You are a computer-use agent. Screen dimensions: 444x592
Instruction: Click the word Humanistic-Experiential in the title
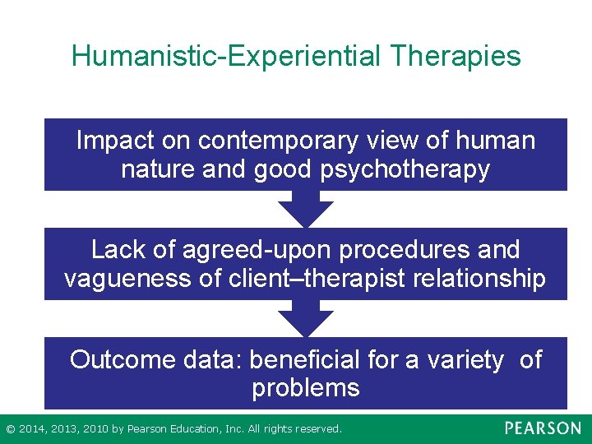(227, 56)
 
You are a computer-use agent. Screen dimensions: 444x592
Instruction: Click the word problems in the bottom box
(306, 388)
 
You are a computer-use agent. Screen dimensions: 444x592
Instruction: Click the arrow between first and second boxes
(306, 210)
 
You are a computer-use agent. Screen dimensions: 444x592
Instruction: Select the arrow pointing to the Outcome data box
(306, 319)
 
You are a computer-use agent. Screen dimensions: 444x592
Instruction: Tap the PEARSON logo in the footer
(543, 428)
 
